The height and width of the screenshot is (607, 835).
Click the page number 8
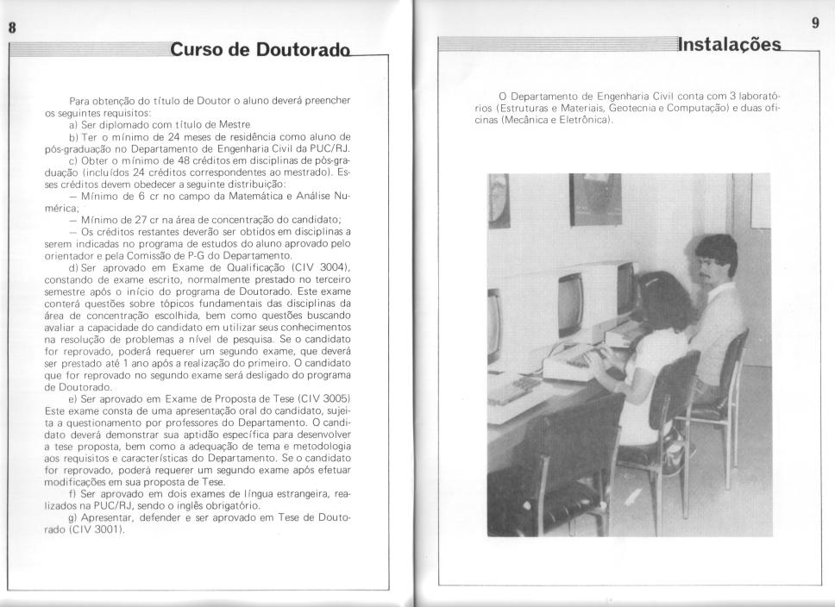pyautogui.click(x=12, y=26)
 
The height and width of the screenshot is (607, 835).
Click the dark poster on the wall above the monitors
pyautogui.click(x=595, y=198)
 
